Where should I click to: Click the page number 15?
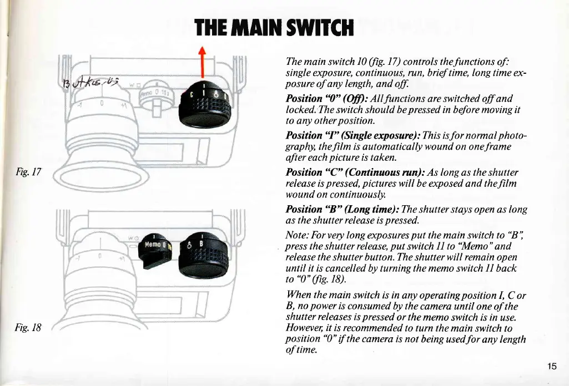(x=552, y=367)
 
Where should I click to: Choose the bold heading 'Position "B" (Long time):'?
(x=335, y=209)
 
